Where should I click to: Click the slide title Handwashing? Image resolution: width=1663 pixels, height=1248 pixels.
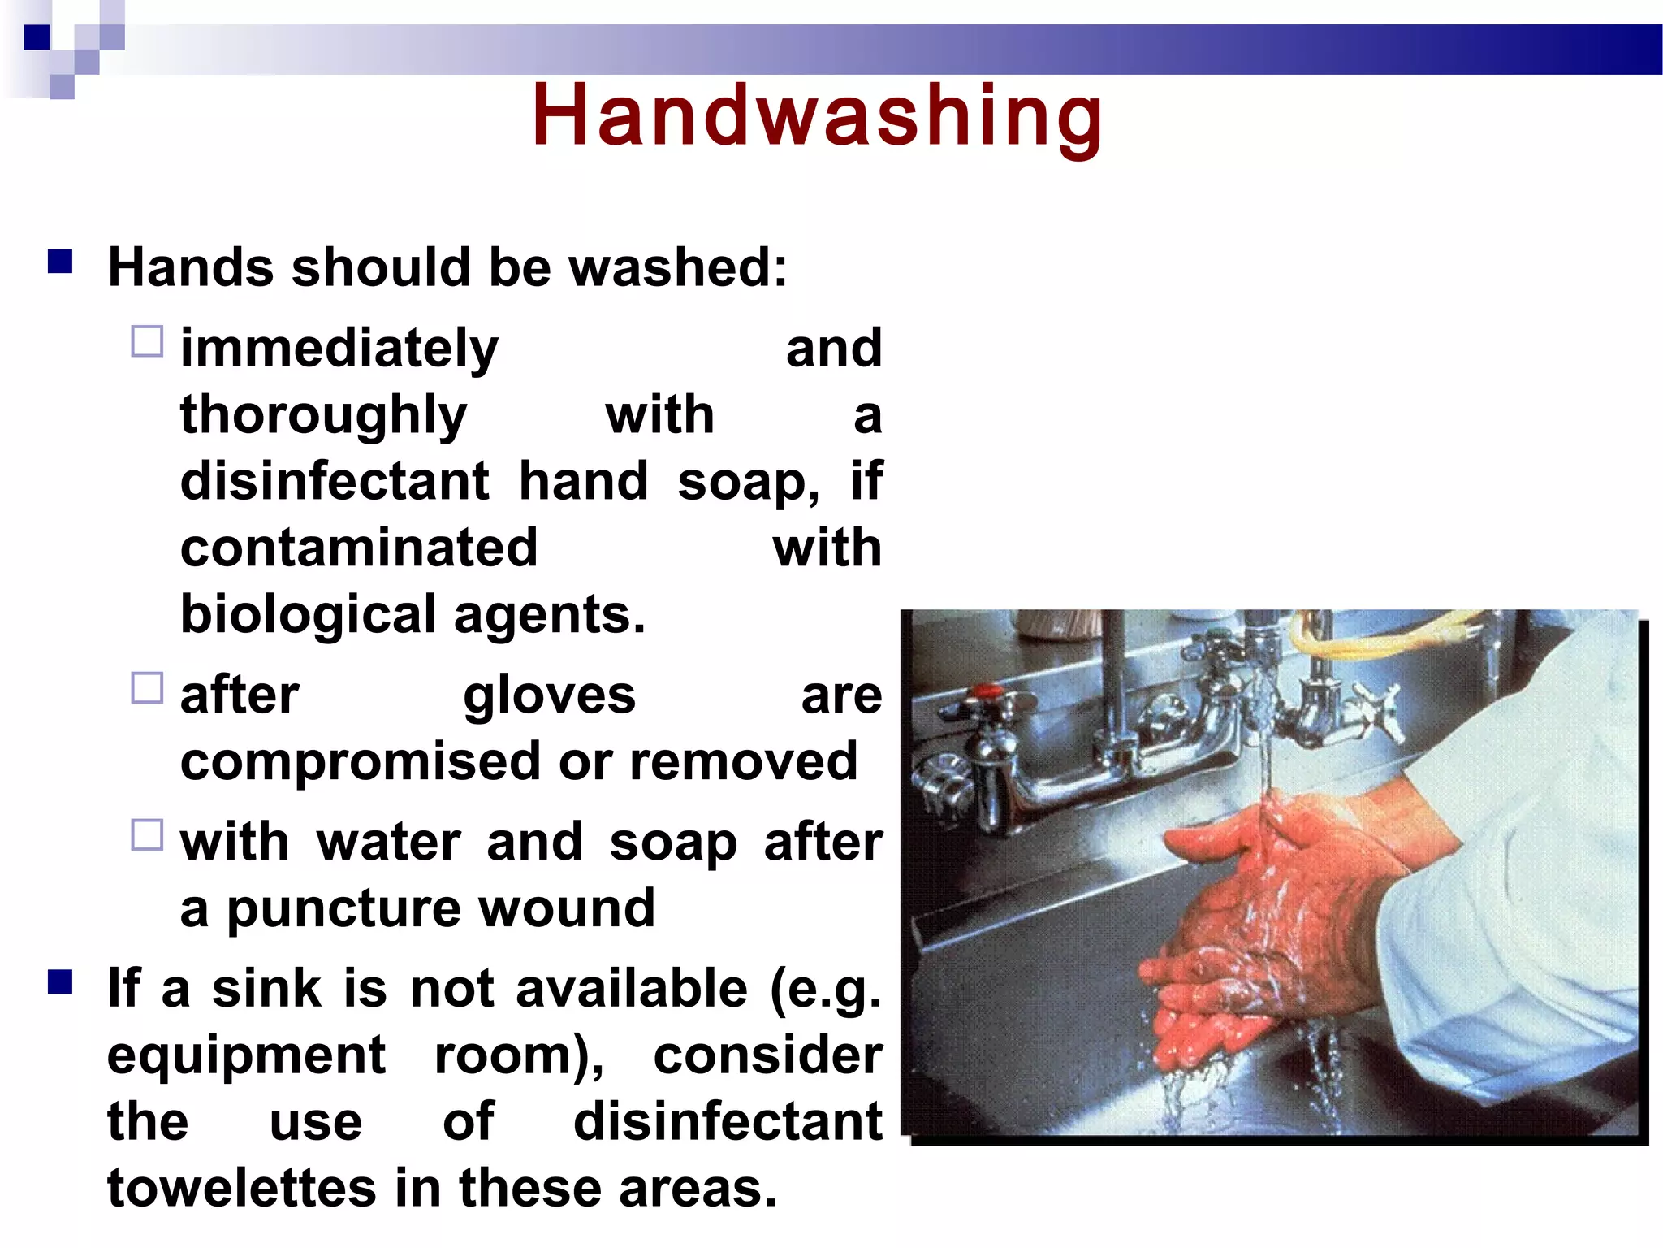(818, 116)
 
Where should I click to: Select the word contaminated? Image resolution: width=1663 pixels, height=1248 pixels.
(359, 548)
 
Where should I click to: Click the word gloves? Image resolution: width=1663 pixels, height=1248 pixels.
(550, 696)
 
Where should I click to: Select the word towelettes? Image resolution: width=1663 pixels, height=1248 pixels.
(242, 1188)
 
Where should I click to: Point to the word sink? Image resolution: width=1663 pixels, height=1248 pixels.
(267, 989)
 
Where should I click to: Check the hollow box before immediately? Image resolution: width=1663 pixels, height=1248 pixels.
(147, 342)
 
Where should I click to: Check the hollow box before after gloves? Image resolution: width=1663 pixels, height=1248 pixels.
(147, 688)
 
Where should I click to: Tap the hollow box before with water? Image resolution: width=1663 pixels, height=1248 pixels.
(147, 835)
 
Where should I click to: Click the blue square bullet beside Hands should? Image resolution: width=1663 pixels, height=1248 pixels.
(60, 262)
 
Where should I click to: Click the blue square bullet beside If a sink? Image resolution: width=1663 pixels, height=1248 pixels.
(60, 982)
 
